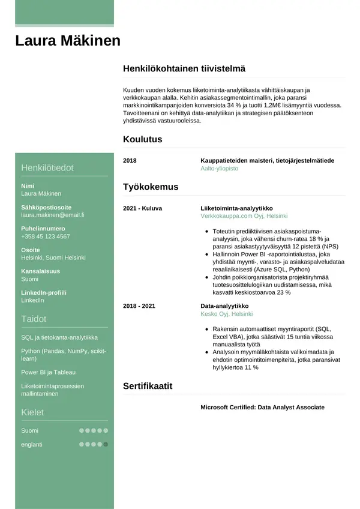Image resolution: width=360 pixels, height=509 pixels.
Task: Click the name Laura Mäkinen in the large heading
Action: point(68,41)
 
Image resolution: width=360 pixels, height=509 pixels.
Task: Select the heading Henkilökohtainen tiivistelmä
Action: point(184,69)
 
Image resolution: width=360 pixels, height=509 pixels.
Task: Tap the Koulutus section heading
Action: point(142,139)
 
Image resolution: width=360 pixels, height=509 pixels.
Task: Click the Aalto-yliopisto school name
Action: point(219,169)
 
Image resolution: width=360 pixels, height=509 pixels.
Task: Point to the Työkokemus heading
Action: point(151,187)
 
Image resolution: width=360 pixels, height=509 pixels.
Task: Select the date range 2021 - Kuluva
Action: point(142,208)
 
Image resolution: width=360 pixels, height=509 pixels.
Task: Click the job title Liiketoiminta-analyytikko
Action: point(236,208)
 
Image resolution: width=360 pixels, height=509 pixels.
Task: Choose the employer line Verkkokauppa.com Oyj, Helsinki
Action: point(244,215)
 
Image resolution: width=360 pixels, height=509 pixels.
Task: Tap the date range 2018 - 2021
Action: point(139,306)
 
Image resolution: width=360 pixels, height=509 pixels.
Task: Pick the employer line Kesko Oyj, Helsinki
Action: point(226,313)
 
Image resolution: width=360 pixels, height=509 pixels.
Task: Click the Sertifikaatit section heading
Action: point(148,386)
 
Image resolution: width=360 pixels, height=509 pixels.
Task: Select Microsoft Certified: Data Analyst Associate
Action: point(262,408)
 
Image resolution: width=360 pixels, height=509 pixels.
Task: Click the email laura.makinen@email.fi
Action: point(53,214)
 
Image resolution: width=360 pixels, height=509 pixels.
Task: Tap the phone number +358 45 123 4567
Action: point(46,236)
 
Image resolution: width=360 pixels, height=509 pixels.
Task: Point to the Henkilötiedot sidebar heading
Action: point(47,168)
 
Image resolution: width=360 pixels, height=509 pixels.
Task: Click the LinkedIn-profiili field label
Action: point(44,293)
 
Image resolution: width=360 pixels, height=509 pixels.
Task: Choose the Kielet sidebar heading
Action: point(32,412)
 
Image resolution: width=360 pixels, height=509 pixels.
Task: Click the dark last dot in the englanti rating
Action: point(106,445)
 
